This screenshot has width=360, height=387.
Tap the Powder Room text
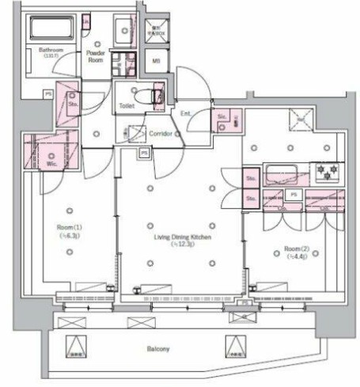point(97,55)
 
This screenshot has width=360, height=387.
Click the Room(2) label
point(294,250)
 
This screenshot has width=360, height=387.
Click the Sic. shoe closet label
point(222,118)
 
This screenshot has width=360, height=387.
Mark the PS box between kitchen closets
point(293,193)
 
